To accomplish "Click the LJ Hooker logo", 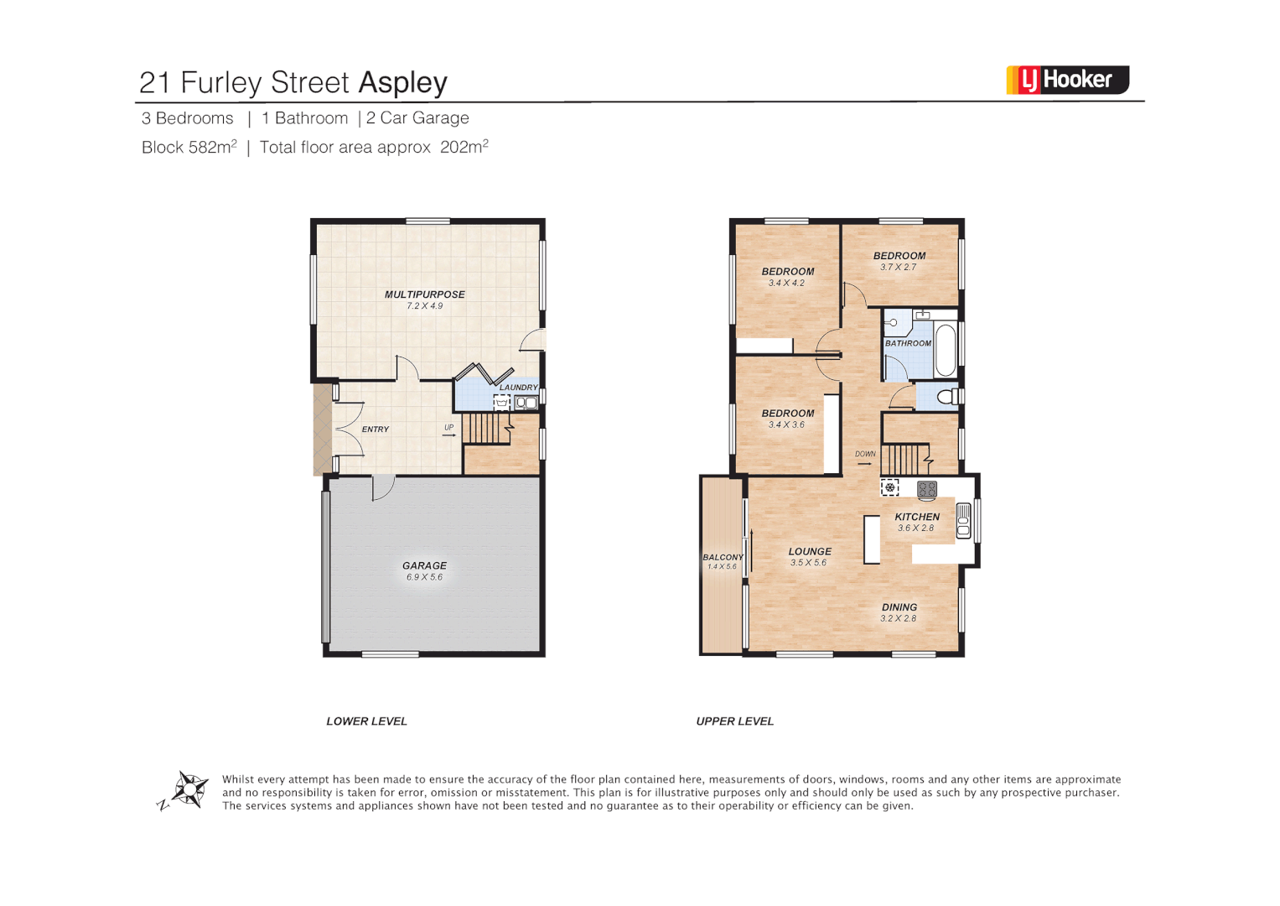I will click(1067, 80).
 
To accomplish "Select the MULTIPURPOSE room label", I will click(424, 294).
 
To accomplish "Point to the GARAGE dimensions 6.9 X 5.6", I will click(424, 577).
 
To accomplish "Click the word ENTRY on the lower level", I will click(376, 430).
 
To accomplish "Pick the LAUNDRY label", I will click(518, 388).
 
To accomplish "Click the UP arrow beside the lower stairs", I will click(449, 435).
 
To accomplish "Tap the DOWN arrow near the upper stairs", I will click(864, 463).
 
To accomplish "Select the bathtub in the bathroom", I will click(945, 350).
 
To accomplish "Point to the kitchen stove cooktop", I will click(926, 489).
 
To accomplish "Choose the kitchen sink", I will click(963, 519).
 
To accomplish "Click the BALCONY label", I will click(722, 557).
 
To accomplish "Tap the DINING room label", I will click(899, 607).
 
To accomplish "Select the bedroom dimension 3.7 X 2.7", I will click(898, 268).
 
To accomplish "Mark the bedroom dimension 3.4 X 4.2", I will click(786, 284).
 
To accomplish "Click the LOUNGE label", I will click(810, 551).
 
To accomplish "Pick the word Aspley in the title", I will click(402, 82).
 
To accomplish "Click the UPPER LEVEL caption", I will click(734, 721).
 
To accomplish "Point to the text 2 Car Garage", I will click(417, 118).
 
